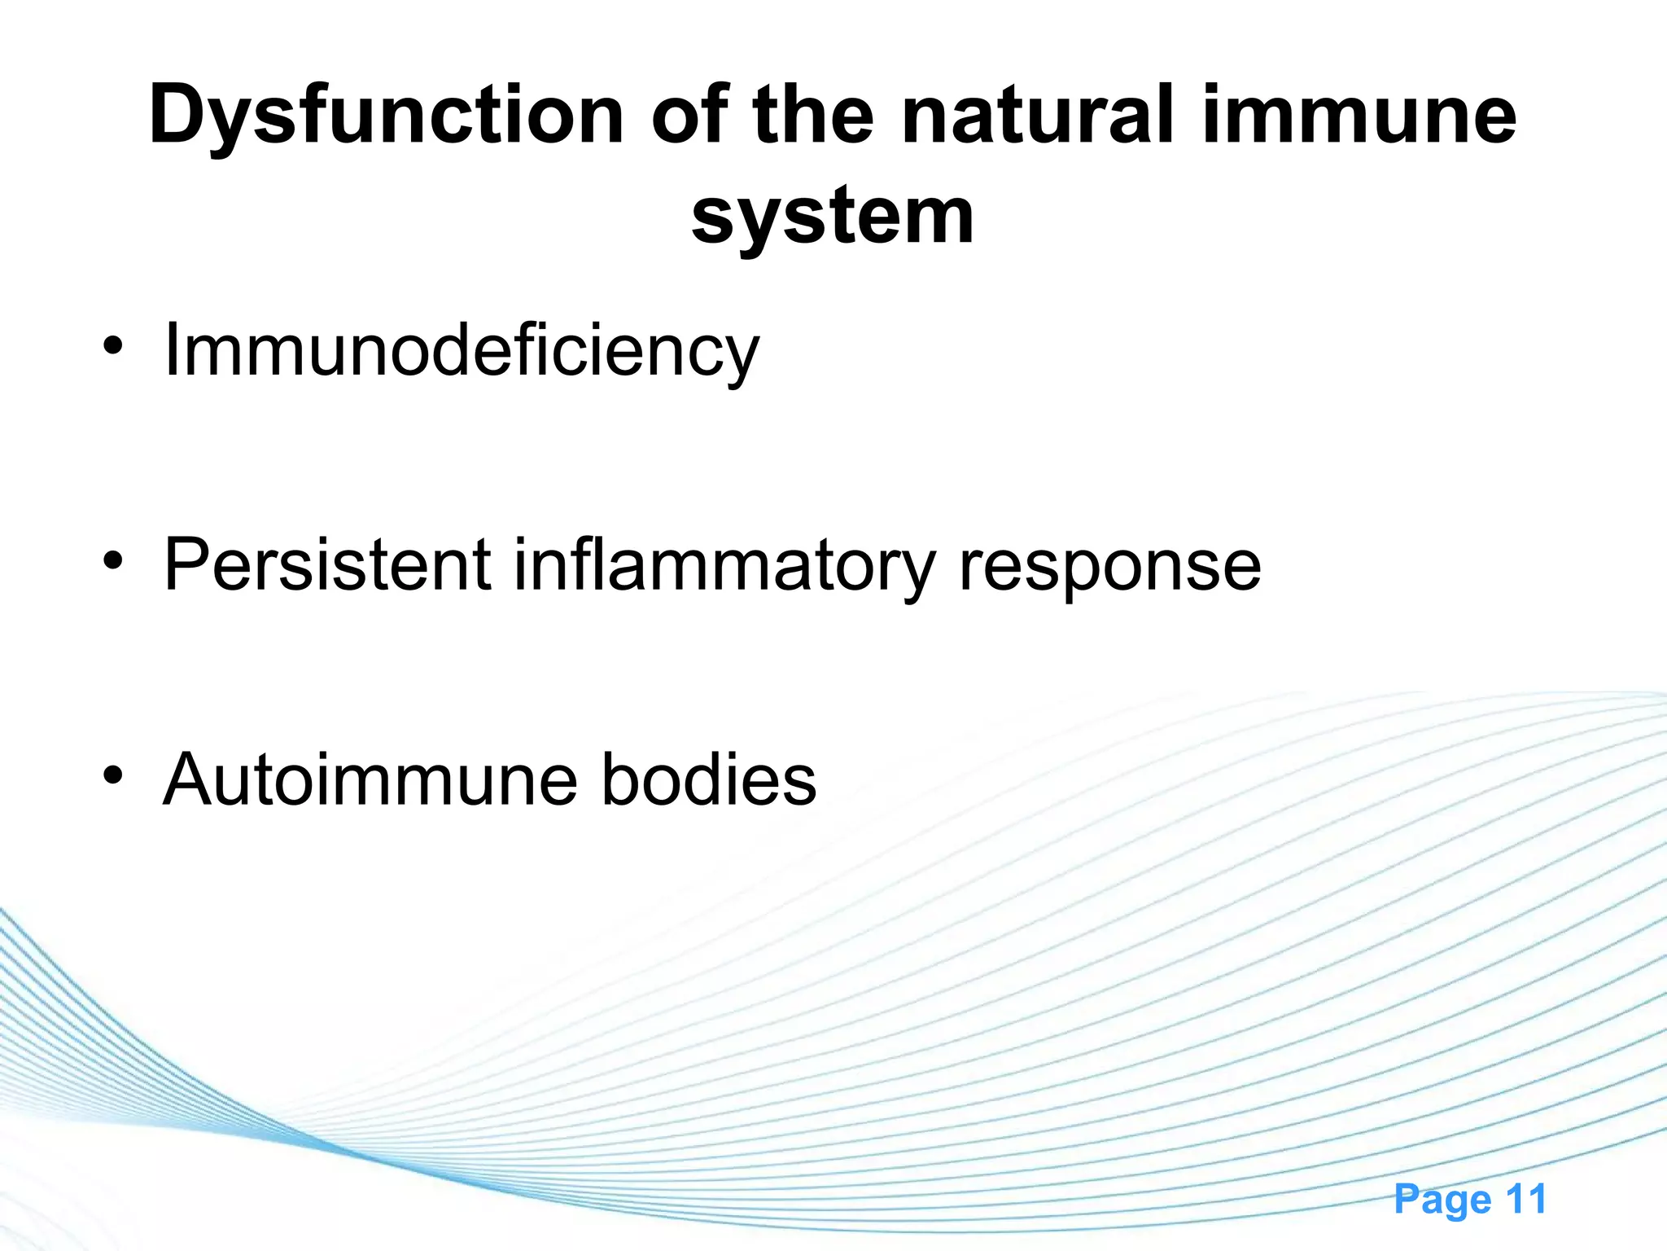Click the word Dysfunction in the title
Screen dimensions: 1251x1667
386,116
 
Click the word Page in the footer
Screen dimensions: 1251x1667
1442,1199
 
